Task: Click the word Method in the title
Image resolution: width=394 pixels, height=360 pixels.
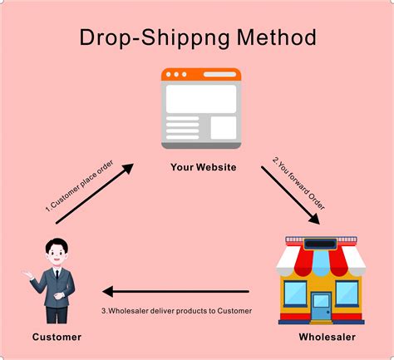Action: click(276, 37)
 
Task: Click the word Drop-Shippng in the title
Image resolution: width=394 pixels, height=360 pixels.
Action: click(155, 38)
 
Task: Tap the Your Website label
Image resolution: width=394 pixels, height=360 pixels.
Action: click(204, 167)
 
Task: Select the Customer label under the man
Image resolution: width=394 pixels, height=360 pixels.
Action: click(57, 337)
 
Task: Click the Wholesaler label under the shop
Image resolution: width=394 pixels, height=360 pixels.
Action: click(328, 337)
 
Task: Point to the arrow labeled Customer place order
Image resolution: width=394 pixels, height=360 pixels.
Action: click(95, 194)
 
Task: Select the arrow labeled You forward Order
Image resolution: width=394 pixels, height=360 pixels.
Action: click(291, 195)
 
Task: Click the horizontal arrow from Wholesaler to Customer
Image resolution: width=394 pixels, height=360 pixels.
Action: click(175, 292)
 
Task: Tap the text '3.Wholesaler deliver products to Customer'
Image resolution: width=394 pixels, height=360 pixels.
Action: click(176, 311)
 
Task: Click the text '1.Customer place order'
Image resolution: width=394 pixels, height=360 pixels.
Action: click(79, 186)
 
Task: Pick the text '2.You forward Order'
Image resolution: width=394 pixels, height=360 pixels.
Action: click(298, 184)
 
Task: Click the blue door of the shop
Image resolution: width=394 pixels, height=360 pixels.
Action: click(321, 307)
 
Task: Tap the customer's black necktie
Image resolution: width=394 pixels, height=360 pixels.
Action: click(57, 274)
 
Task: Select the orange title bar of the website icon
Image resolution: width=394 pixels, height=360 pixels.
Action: click(201, 74)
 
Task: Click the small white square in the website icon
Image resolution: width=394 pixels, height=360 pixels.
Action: click(224, 128)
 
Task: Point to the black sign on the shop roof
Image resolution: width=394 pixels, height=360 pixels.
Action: click(320, 244)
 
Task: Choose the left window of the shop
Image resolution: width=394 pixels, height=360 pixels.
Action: click(295, 293)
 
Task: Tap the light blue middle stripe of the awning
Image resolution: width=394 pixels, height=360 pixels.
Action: click(321, 261)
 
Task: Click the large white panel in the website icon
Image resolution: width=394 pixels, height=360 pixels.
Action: click(201, 99)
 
